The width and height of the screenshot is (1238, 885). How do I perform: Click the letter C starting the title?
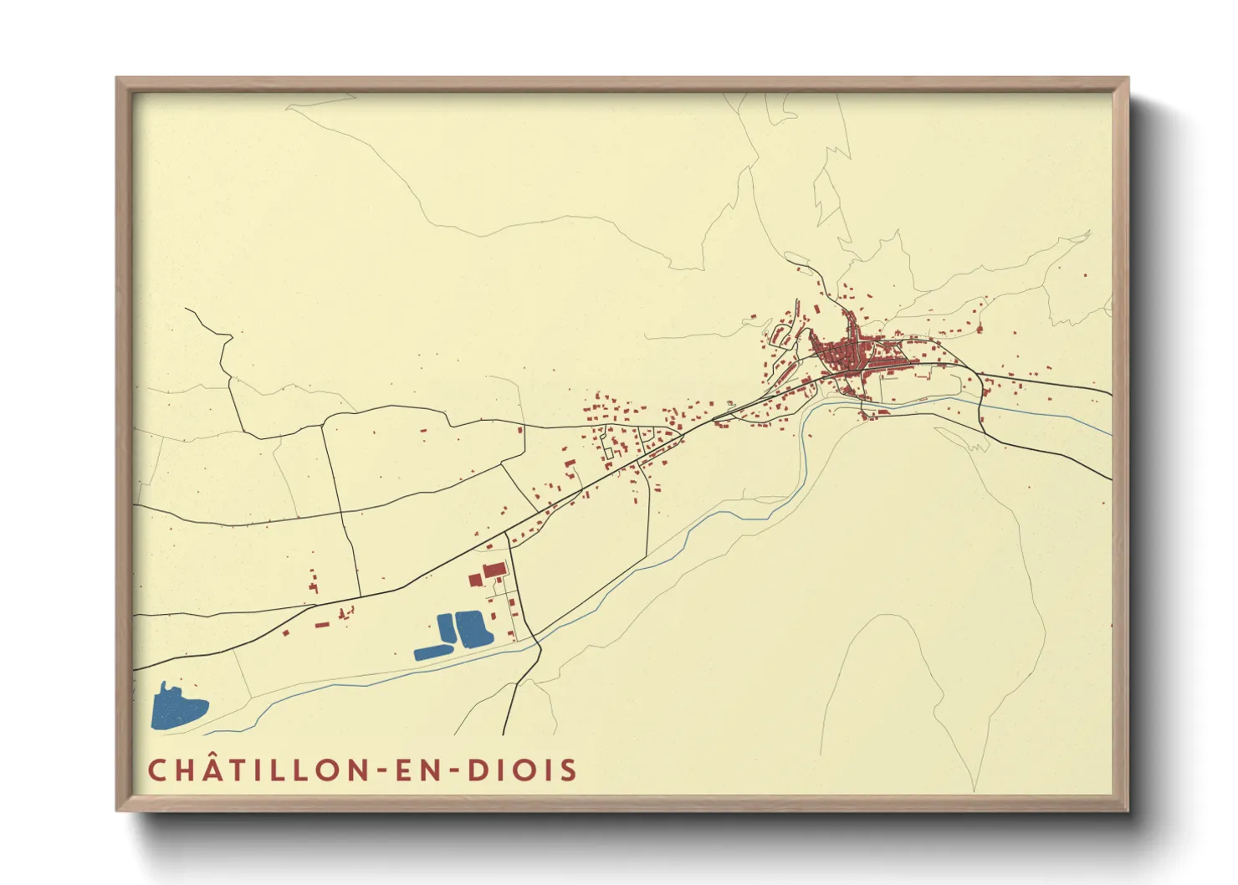156,770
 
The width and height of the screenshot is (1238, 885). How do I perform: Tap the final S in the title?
570,770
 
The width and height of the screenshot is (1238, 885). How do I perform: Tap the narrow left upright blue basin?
446,627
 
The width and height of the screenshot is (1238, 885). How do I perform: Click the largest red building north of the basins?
494,570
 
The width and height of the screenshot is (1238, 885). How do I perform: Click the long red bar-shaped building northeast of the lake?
322,624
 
